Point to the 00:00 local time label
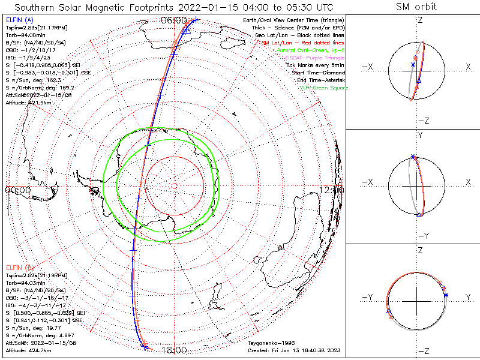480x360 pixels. coord(17,190)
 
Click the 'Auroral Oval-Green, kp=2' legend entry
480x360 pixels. coord(307,50)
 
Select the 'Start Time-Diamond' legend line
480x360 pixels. coord(318,73)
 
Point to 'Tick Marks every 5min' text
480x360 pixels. coord(315,65)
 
